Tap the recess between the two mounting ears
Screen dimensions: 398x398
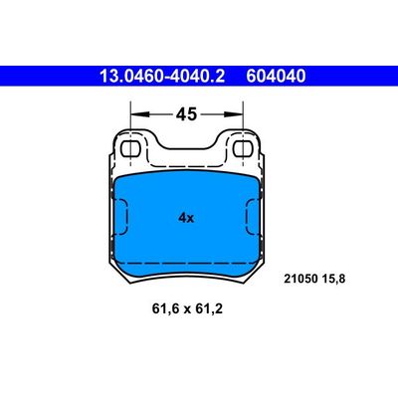[x=186, y=147]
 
